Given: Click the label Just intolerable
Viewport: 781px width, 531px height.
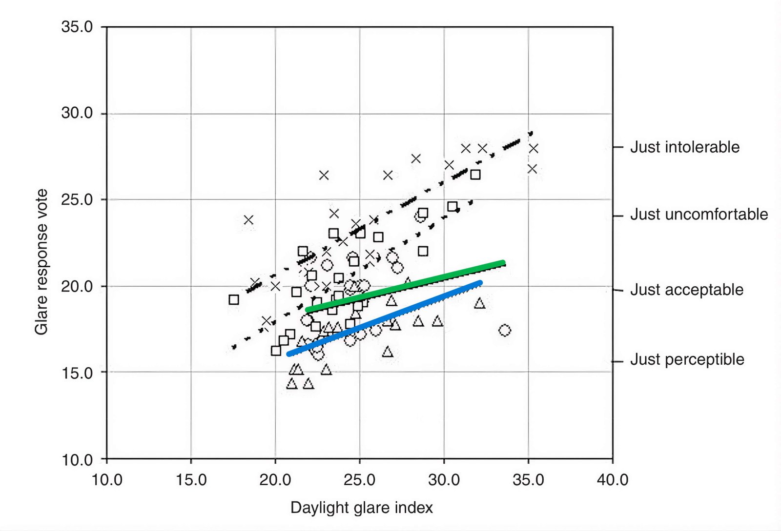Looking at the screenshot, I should point(684,147).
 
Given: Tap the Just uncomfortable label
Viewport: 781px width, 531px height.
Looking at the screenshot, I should point(699,214).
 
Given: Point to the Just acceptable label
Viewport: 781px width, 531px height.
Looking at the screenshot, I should point(686,290).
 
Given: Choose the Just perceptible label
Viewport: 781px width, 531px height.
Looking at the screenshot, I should point(687,359).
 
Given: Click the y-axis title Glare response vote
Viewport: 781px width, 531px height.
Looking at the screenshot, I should point(41,262).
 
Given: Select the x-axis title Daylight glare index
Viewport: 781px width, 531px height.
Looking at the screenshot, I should point(361,508).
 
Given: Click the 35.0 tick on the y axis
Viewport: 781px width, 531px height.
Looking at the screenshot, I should point(77,27).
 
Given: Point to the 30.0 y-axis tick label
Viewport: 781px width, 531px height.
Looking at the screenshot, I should point(77,113).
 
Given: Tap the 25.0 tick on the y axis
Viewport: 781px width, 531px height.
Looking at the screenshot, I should point(77,199).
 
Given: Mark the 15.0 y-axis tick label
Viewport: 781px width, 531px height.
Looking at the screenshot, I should point(77,373).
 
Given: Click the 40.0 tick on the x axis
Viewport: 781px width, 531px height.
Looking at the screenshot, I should point(612,480).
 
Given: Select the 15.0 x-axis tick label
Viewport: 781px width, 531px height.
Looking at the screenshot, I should point(191,480).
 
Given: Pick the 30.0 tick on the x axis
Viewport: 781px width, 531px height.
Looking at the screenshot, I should point(444,480).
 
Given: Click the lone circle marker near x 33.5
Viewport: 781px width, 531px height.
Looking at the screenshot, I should point(505,330).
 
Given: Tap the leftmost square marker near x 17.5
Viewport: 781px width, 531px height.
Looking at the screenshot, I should point(234,299).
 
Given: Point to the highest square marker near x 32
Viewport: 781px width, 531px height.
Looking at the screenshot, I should point(475,174).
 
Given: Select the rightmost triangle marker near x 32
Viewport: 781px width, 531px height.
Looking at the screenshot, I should point(479,304).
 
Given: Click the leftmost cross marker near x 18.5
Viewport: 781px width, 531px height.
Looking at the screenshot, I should point(248,220).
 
